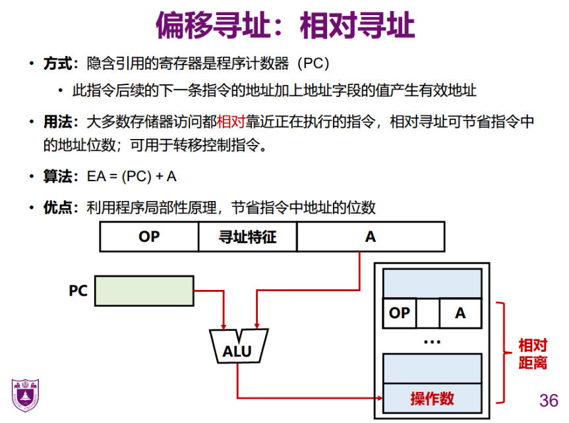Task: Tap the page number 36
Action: click(548, 400)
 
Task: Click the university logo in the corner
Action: click(25, 395)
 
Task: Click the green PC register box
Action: click(145, 291)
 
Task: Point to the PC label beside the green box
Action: click(78, 291)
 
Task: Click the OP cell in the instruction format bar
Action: click(149, 237)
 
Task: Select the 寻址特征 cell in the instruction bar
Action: click(247, 237)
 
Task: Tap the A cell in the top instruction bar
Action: click(370, 237)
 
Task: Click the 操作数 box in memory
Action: click(432, 398)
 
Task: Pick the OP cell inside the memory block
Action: click(400, 313)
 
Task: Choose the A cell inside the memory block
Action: click(460, 313)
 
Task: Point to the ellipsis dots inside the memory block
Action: click(432, 342)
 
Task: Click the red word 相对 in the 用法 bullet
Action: click(231, 122)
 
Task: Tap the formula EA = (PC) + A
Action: click(132, 177)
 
